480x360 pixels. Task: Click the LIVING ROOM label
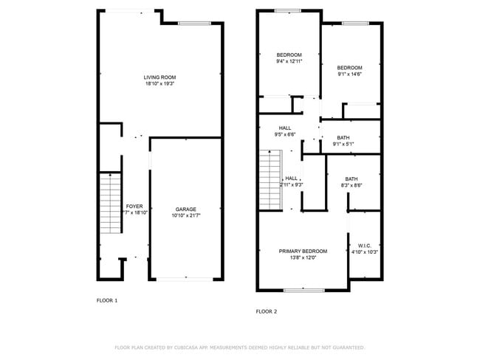tap(160, 77)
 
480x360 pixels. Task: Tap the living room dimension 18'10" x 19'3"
tap(160, 84)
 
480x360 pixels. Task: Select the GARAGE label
tap(185, 209)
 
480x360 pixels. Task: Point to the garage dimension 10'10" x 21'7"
tap(185, 215)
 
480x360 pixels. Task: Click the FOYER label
tap(134, 206)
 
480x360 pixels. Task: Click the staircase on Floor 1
tap(110, 203)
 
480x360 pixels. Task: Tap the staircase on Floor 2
tap(270, 178)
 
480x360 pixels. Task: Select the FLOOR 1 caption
tap(107, 300)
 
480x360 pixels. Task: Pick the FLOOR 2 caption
tap(266, 311)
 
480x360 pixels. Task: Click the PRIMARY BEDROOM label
tap(303, 251)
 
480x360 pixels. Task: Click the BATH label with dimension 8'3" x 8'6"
tap(352, 179)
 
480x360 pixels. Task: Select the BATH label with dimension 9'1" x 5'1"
tap(343, 137)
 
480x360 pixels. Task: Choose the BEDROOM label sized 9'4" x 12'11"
tap(289, 55)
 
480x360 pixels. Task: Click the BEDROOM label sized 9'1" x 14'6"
tap(349, 67)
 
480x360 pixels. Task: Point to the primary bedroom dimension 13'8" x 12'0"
tap(303, 258)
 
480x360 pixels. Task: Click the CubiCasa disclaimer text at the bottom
tap(239, 347)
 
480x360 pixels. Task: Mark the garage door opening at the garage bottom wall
tap(185, 279)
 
